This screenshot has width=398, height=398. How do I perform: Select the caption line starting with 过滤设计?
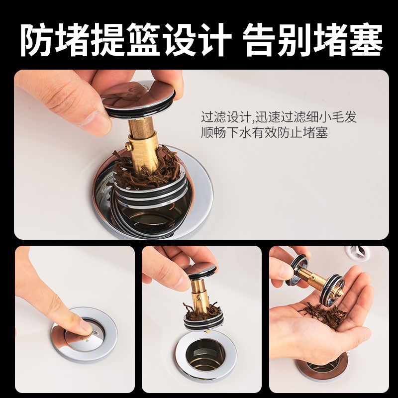point(279,118)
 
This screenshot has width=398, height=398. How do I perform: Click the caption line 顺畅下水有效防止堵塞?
point(264,133)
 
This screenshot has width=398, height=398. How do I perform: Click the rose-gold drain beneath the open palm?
point(324,366)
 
